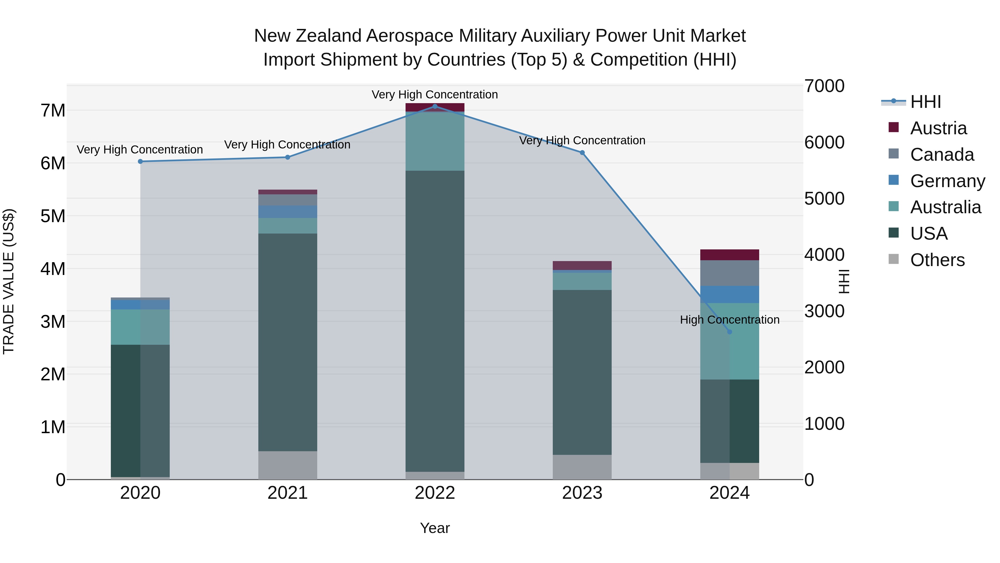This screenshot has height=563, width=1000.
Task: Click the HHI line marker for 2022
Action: click(435, 106)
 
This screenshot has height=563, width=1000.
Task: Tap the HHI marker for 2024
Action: click(729, 332)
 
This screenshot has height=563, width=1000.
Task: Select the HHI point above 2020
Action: click(140, 161)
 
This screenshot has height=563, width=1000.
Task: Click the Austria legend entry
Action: click(938, 128)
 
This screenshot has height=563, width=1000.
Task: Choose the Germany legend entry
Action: click(947, 181)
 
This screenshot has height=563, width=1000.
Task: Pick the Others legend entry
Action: click(937, 260)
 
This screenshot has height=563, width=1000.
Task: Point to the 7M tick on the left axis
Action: click(53, 111)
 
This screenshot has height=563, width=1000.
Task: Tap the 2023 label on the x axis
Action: click(582, 493)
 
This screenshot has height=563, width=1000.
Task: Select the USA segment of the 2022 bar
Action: click(435, 321)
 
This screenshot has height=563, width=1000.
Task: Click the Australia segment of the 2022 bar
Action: click(435, 141)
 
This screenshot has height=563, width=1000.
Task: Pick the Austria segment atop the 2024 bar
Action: click(729, 255)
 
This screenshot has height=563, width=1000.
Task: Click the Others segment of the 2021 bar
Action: click(288, 465)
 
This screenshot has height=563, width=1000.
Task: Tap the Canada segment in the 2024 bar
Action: click(729, 273)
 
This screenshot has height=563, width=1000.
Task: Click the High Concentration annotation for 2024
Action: click(729, 320)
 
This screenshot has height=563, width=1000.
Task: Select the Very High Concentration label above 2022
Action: click(435, 95)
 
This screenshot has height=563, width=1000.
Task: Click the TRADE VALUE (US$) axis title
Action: click(9, 281)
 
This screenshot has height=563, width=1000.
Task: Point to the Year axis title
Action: click(435, 528)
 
